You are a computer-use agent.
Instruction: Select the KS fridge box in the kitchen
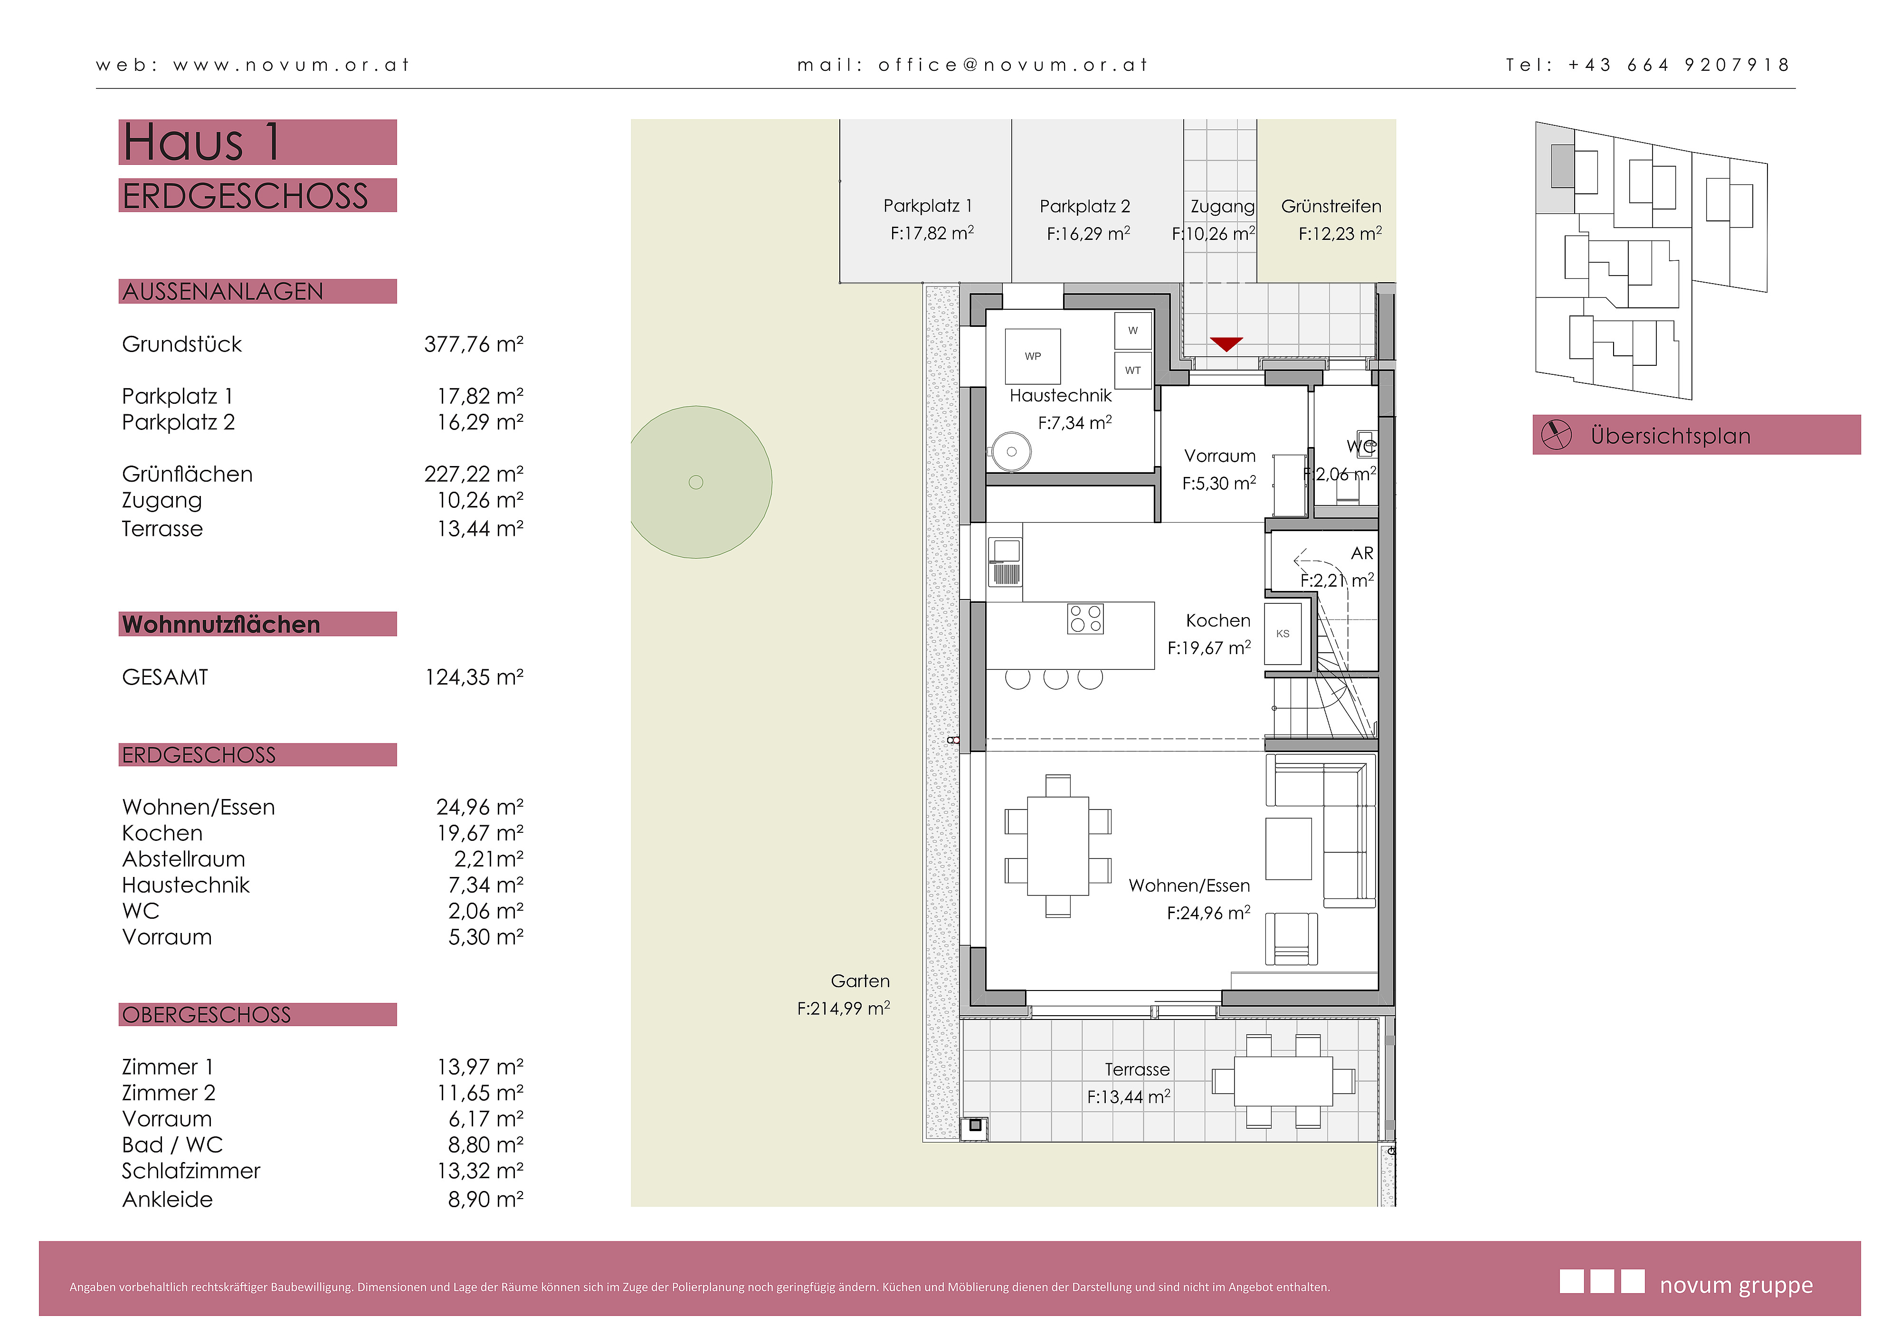[x=1282, y=634]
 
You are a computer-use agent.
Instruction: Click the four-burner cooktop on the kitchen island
[x=1085, y=619]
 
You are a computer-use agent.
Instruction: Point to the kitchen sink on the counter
[x=1006, y=562]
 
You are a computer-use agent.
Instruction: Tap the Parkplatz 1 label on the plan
[x=928, y=206]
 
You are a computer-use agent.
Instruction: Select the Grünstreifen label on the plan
[x=1330, y=206]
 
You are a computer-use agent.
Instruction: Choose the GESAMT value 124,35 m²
[x=474, y=677]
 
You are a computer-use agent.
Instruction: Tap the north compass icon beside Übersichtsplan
[x=1556, y=434]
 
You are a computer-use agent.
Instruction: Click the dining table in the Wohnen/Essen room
[x=1057, y=846]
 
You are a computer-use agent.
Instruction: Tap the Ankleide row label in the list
[x=167, y=1199]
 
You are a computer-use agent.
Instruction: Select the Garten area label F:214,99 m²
[x=843, y=1009]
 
